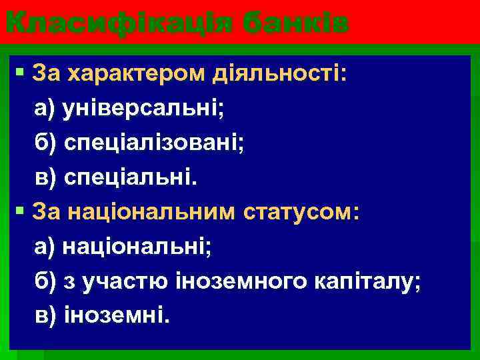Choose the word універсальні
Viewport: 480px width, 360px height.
(x=143, y=107)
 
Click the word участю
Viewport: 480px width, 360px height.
(x=110, y=283)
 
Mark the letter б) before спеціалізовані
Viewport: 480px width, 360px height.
(x=47, y=143)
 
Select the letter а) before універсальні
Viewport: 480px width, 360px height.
(x=46, y=107)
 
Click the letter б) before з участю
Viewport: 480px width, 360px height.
(x=47, y=283)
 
